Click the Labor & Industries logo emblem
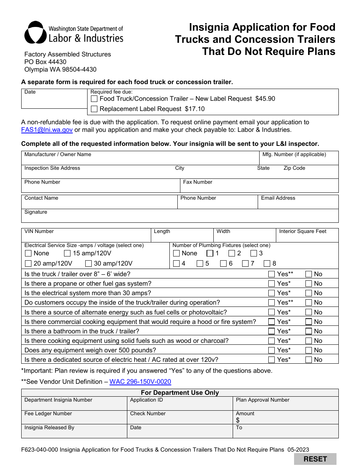coord(36,33)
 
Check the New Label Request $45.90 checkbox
coord(94,99)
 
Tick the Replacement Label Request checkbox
coord(94,109)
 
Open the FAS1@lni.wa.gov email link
coord(47,130)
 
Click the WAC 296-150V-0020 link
coord(140,382)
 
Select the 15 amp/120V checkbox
coord(67,253)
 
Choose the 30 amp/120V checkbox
coord(89,264)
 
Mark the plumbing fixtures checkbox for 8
coord(267,264)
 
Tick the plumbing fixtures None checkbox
coord(176,253)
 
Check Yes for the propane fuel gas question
coord(271,284)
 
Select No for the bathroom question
coord(308,332)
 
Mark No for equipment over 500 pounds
coord(308,350)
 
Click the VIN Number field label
coord(39,231)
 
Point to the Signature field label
coord(36,212)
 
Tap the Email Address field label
coord(278,198)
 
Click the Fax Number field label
coord(197,182)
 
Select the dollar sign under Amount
coord(238,420)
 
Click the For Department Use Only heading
coord(180,393)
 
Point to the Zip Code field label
coord(294,168)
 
